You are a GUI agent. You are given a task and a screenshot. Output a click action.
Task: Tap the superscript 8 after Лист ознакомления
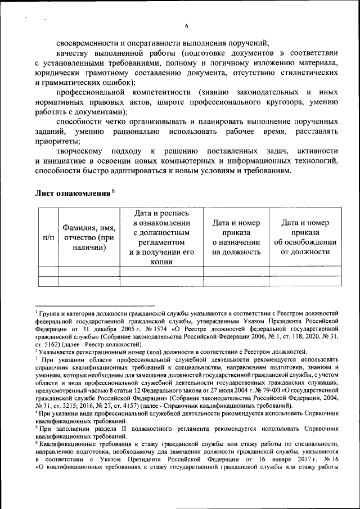[x=113, y=191]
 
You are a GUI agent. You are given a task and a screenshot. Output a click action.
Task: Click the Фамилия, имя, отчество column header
[x=89, y=237]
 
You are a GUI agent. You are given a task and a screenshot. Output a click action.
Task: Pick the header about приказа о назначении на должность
[x=236, y=237]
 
